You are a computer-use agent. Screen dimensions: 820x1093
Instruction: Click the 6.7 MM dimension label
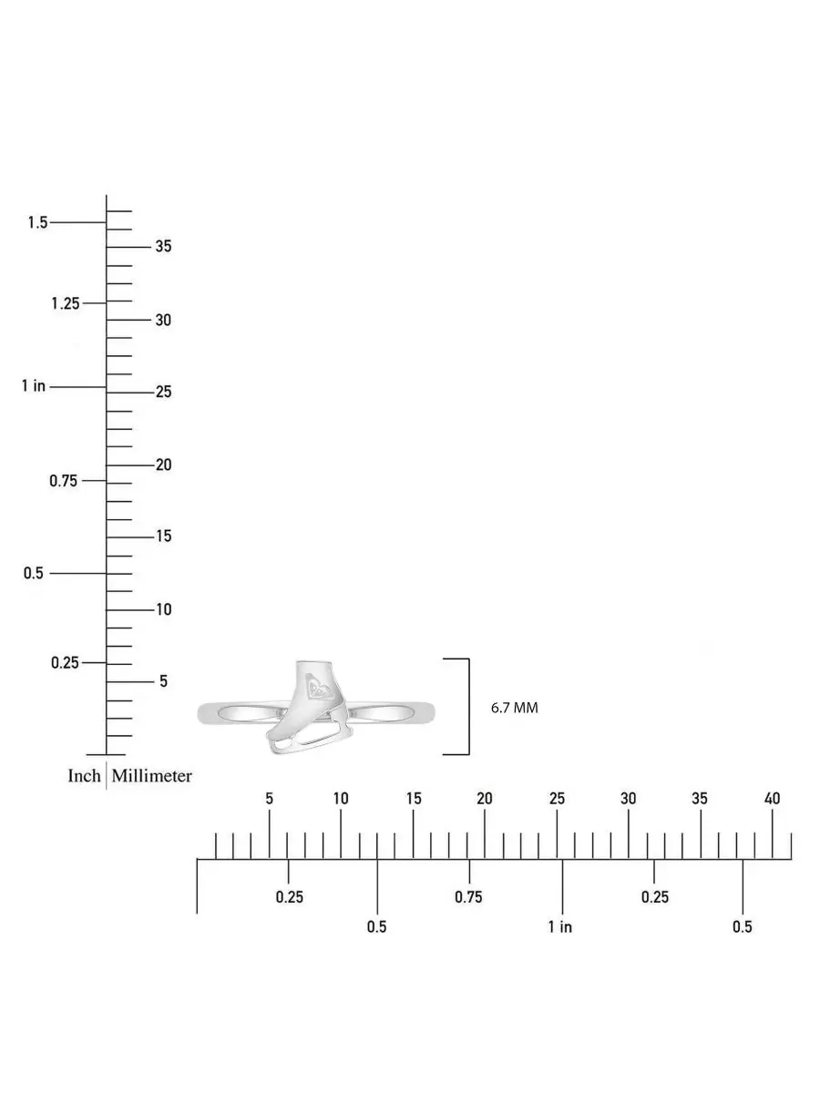pos(514,708)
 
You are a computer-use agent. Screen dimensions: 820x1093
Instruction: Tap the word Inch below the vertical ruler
pos(84,776)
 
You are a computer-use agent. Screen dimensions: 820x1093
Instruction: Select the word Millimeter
pos(152,776)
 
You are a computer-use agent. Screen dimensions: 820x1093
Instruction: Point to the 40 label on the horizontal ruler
pos(772,799)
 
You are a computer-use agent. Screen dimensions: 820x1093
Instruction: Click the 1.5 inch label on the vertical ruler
pos(38,222)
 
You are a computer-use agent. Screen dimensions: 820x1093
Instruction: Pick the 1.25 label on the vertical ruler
pos(66,303)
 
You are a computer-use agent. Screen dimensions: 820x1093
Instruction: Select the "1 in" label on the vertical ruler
pos(34,386)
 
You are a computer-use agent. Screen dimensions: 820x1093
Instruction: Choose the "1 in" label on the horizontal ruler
pos(560,926)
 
